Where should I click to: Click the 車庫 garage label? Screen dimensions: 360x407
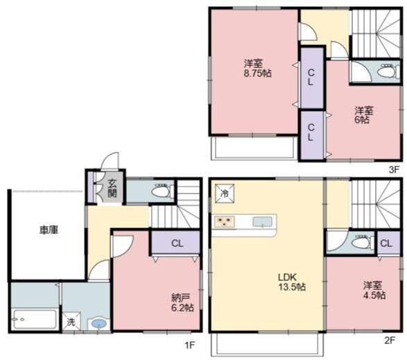[48, 230]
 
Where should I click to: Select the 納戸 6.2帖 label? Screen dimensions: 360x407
[182, 303]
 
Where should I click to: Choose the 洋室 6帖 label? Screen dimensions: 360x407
[363, 114]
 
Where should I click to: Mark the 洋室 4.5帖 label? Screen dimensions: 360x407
[371, 290]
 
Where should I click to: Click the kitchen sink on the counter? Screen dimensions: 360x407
[262, 222]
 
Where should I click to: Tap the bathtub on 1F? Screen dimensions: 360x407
[35, 320]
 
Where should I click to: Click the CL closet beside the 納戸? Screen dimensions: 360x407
[177, 243]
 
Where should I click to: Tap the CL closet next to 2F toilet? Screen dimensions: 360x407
[387, 243]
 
